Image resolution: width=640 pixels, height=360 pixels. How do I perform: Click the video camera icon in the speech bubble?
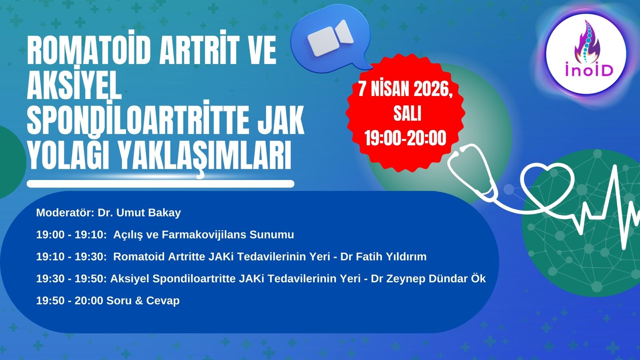click(x=331, y=38)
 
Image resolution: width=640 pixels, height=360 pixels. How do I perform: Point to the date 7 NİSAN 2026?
click(x=405, y=89)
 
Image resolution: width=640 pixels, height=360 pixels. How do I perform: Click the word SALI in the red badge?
click(x=407, y=114)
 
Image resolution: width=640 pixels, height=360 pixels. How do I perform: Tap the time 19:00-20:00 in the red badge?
click(x=405, y=138)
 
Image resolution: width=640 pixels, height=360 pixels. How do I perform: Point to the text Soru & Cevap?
click(x=143, y=300)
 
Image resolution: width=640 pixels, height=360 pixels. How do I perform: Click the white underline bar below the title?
click(x=160, y=184)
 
